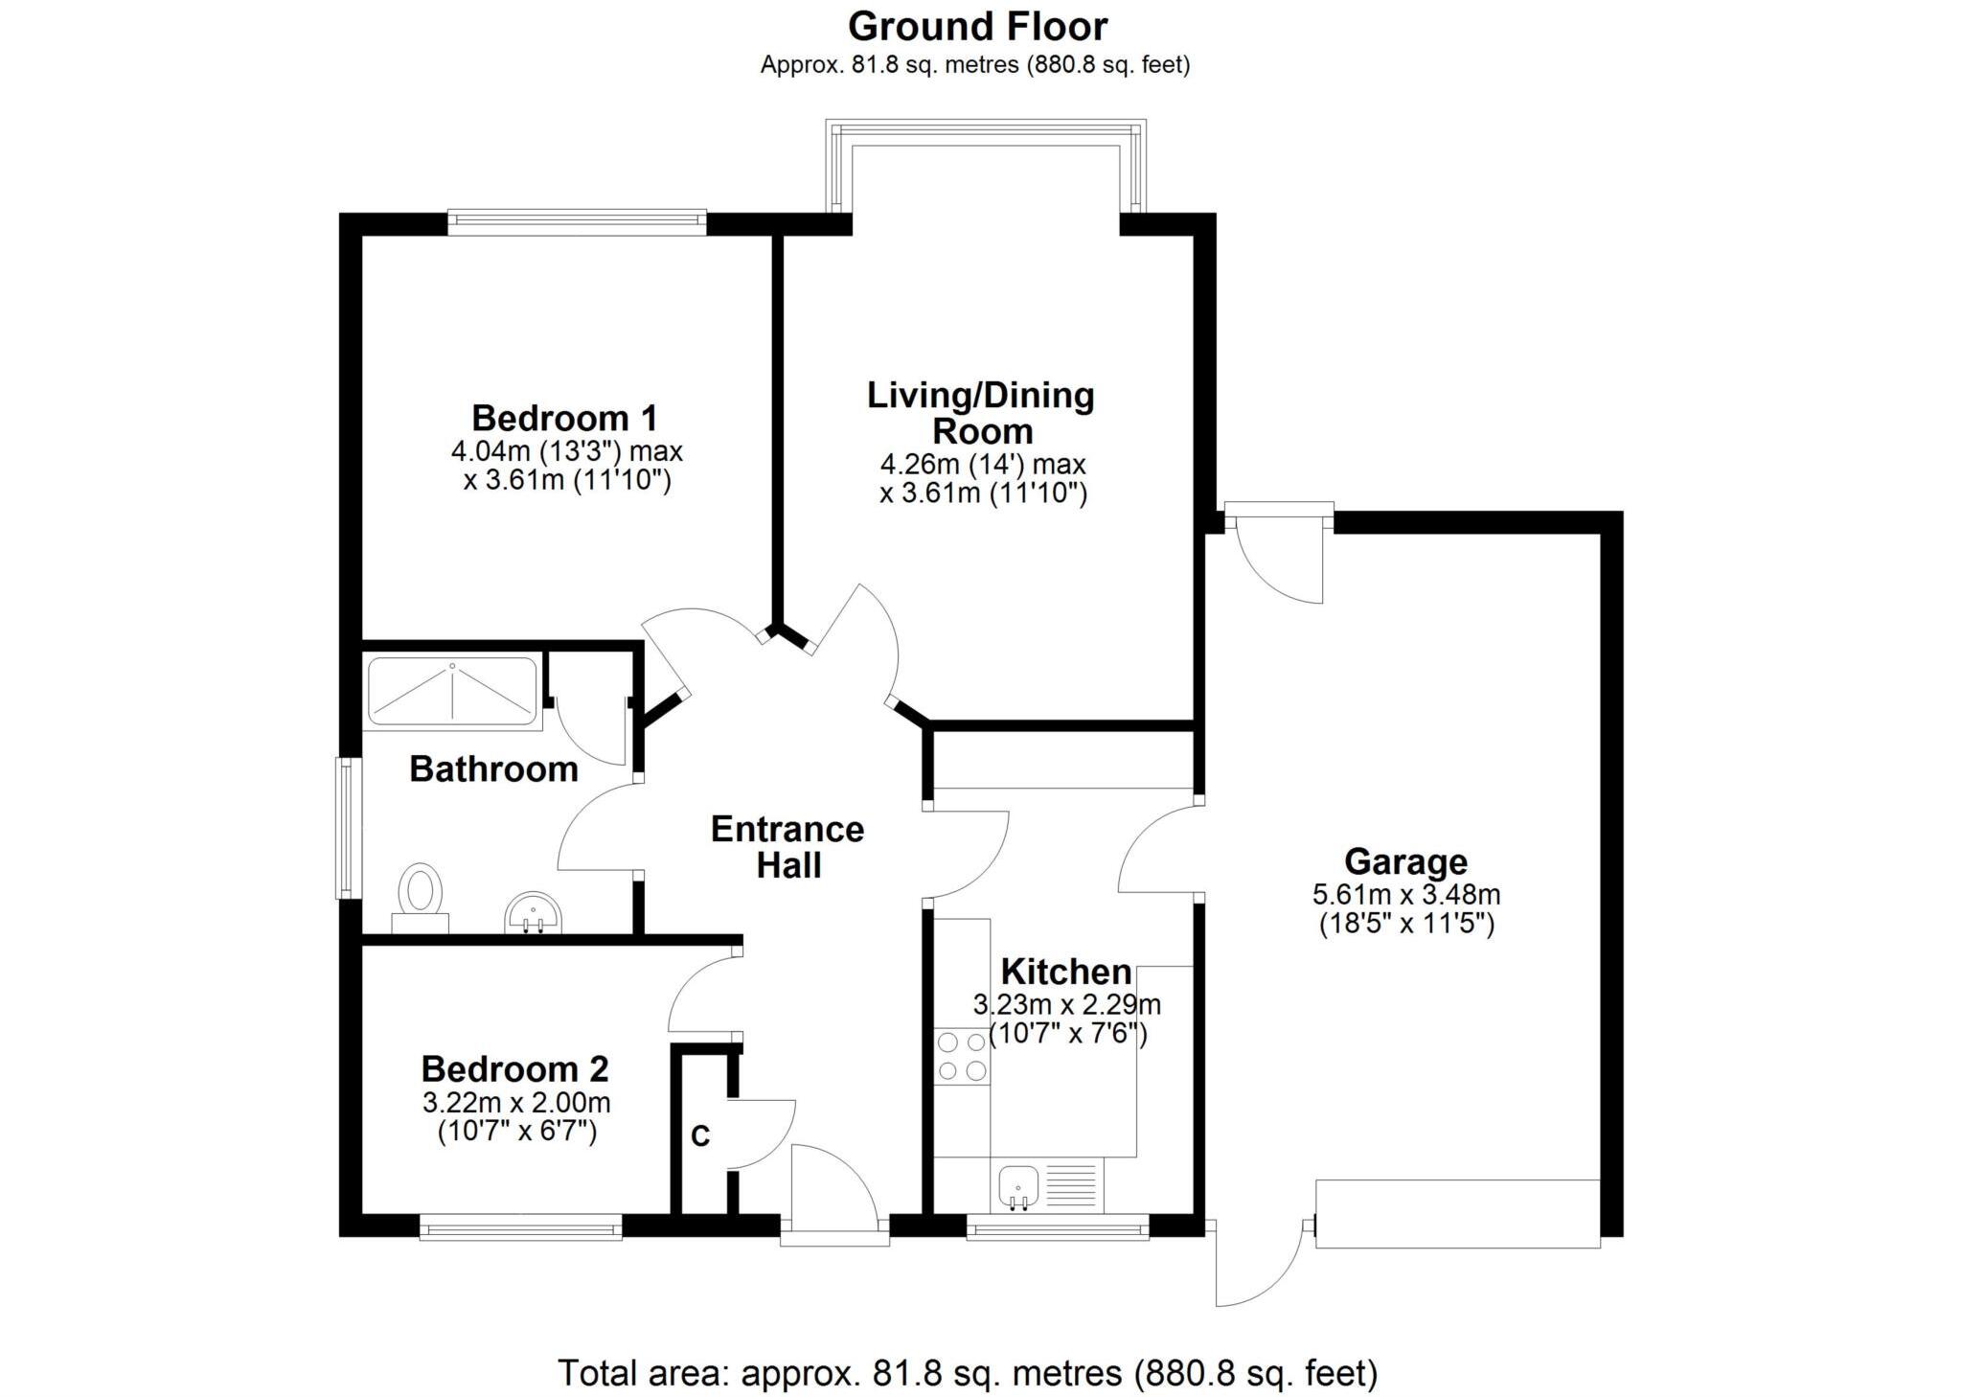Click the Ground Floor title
point(977,27)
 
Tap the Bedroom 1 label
point(564,419)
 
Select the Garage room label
point(1405,862)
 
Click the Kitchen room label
point(1066,973)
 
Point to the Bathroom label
point(493,769)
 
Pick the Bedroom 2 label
point(514,1069)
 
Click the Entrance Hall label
point(787,847)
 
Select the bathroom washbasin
point(533,911)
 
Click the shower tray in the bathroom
point(452,691)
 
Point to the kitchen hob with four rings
point(962,1056)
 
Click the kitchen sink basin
point(1016,1186)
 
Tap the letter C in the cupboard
point(700,1136)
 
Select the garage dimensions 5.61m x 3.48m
point(1405,895)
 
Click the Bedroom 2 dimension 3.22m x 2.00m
point(516,1103)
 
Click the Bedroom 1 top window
point(577,222)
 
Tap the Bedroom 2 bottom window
point(521,1226)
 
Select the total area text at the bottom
point(968,1373)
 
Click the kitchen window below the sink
point(1058,1227)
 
